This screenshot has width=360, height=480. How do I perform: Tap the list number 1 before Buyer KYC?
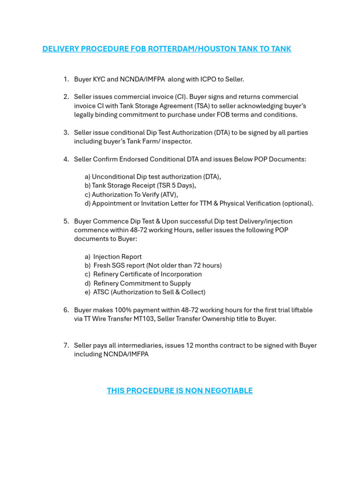pyautogui.click(x=66, y=79)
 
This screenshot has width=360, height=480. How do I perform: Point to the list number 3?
pyautogui.click(x=66, y=133)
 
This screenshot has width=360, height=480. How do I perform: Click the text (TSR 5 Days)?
pyautogui.click(x=176, y=186)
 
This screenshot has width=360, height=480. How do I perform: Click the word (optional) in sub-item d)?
pyautogui.click(x=297, y=203)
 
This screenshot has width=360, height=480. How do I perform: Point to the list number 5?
pyautogui.click(x=66, y=221)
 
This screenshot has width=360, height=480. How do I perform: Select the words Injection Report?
pyautogui.click(x=117, y=257)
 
